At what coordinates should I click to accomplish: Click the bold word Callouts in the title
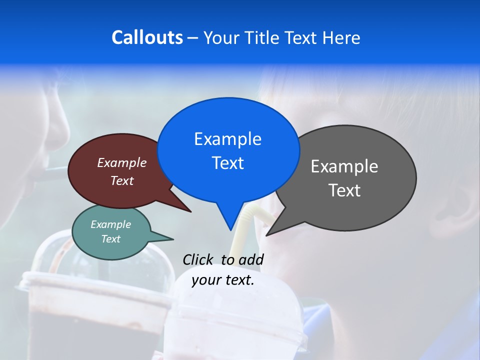pyautogui.click(x=147, y=37)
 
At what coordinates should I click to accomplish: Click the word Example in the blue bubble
pyautogui.click(x=227, y=139)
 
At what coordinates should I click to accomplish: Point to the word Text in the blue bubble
pyautogui.click(x=227, y=163)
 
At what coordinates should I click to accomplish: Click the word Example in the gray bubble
pyautogui.click(x=344, y=166)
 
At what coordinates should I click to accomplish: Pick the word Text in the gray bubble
pyautogui.click(x=344, y=190)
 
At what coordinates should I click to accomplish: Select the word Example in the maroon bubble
pyautogui.click(x=121, y=162)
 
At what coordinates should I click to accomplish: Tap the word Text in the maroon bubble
pyautogui.click(x=121, y=180)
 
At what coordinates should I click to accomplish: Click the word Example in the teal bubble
pyautogui.click(x=110, y=224)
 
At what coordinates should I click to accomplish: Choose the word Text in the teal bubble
pyautogui.click(x=110, y=239)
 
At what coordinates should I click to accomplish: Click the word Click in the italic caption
pyautogui.click(x=199, y=259)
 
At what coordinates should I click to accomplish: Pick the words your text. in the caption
pyautogui.click(x=222, y=280)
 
